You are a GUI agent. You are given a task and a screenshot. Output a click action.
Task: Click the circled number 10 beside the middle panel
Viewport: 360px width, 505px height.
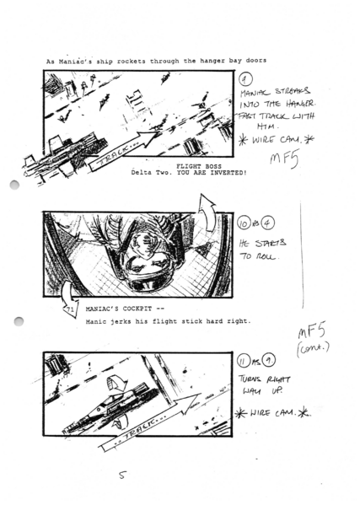[x=245, y=224]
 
